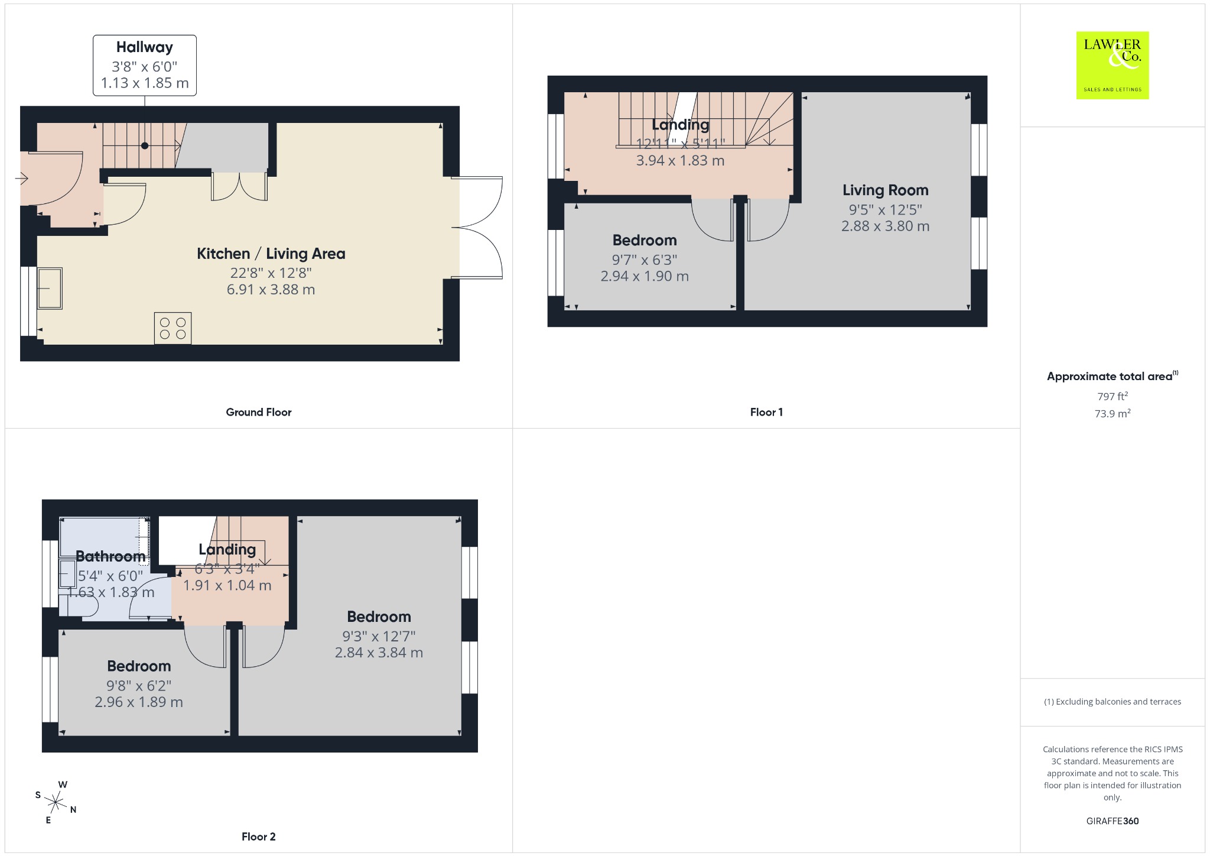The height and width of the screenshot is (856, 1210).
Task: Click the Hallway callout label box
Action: (145, 65)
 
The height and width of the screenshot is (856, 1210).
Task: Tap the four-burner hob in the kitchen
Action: (173, 328)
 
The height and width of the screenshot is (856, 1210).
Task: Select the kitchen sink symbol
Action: (50, 288)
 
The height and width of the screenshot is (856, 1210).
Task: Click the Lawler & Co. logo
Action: (1113, 65)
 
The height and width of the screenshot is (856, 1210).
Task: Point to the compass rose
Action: (56, 802)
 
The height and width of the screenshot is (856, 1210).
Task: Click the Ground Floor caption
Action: (259, 412)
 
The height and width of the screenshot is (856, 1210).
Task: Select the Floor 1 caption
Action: (766, 412)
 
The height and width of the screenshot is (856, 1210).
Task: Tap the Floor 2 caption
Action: (259, 836)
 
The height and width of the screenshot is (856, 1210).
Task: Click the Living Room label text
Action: (885, 190)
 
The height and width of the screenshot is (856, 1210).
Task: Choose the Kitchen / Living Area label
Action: (271, 254)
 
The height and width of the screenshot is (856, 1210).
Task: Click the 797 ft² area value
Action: (1113, 396)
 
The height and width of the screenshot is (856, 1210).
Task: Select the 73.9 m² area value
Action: (1113, 413)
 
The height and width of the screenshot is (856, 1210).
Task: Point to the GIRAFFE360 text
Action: (1113, 821)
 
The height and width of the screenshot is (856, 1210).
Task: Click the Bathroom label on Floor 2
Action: (111, 556)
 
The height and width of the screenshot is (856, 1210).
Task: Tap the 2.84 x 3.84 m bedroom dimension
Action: (379, 653)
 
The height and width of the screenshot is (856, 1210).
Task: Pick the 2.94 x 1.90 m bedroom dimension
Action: (645, 276)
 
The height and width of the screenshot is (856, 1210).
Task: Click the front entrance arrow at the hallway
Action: (23, 178)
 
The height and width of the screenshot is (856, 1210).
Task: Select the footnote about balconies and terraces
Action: (1113, 702)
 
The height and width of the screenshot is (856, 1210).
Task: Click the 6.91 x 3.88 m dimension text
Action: (271, 290)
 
